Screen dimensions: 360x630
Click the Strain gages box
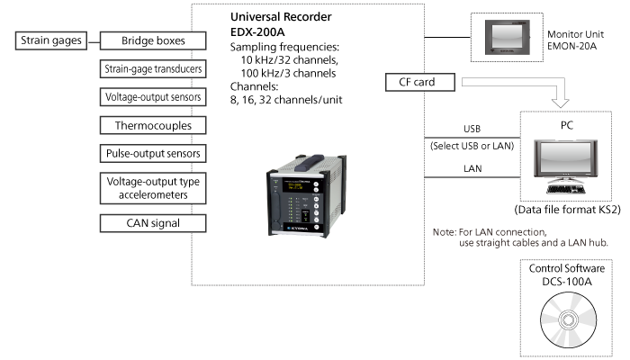click(50, 40)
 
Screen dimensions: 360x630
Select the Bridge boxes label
click(152, 40)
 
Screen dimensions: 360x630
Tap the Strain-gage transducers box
click(152, 68)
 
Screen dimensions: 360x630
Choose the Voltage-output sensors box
click(152, 96)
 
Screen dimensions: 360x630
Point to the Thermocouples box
click(152, 125)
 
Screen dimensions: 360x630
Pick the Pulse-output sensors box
click(152, 153)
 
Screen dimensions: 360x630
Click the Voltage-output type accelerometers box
click(152, 188)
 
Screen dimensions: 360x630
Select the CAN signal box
click(152, 223)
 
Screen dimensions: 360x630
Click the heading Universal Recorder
click(282, 17)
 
